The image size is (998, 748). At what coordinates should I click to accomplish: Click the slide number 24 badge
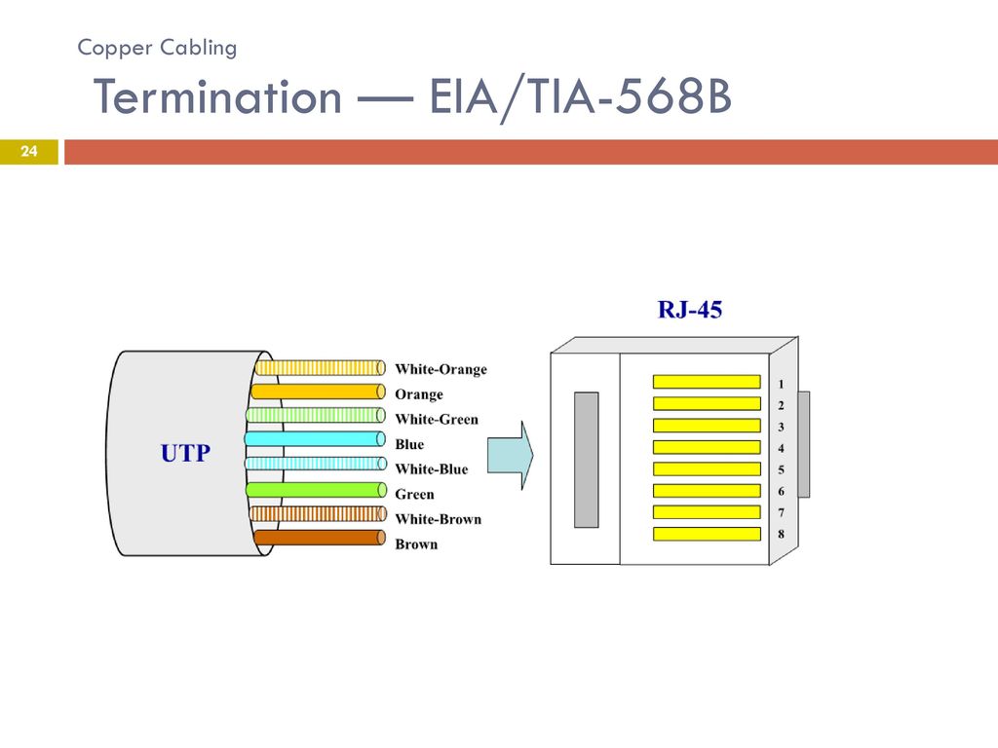coord(28,152)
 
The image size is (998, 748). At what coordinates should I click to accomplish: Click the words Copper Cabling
coord(157,48)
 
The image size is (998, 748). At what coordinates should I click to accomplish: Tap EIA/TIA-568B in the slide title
coord(580,97)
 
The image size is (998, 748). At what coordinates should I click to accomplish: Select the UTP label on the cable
coord(185,453)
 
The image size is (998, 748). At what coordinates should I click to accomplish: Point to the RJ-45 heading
coord(689,310)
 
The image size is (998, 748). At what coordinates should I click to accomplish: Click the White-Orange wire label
coord(441,369)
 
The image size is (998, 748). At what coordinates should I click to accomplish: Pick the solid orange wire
coord(319,392)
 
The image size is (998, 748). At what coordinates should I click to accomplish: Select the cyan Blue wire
coord(315,439)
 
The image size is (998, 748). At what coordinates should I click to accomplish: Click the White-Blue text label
coord(431,469)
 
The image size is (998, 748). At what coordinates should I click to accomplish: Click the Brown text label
coord(416,544)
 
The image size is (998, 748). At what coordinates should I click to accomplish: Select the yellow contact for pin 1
coord(707,382)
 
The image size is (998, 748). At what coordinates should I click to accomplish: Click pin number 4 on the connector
coord(781,448)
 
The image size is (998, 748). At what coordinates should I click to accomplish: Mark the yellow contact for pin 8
coord(707,534)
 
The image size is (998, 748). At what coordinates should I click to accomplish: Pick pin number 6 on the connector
coord(781,491)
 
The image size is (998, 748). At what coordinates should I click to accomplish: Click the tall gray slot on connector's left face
coord(586,460)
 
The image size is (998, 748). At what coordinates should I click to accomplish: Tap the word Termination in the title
coord(217,97)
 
